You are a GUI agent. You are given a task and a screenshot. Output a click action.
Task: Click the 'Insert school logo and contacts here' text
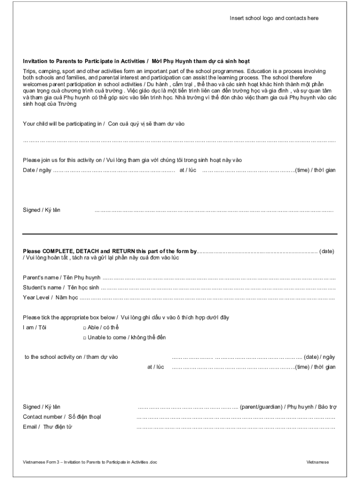[x=274, y=18]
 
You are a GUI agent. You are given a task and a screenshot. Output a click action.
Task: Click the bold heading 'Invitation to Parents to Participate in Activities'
[x=84, y=61]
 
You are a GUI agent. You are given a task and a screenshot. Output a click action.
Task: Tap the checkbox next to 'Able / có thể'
[x=85, y=327]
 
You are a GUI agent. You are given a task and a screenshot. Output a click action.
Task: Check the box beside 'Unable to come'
[x=85, y=338]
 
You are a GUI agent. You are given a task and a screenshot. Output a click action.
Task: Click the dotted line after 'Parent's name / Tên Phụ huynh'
[x=219, y=278]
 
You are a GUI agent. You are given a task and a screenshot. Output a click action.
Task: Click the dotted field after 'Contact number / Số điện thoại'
[x=236, y=417]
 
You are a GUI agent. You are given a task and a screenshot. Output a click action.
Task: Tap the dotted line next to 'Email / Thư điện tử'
[x=236, y=428]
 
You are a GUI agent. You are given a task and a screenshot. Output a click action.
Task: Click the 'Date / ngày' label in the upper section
[x=37, y=170]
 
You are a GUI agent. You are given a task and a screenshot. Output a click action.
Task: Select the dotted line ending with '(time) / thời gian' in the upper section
[x=248, y=171]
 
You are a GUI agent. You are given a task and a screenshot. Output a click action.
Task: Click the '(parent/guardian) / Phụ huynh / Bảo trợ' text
[x=288, y=407]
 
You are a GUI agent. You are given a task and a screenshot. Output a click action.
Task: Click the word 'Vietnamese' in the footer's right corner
[x=317, y=462]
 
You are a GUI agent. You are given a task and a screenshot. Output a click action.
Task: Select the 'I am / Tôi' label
[x=35, y=327]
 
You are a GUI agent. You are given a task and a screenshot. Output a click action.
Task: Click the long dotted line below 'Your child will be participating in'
[x=180, y=141]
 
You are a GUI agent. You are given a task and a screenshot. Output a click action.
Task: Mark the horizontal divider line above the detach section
[x=180, y=234]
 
